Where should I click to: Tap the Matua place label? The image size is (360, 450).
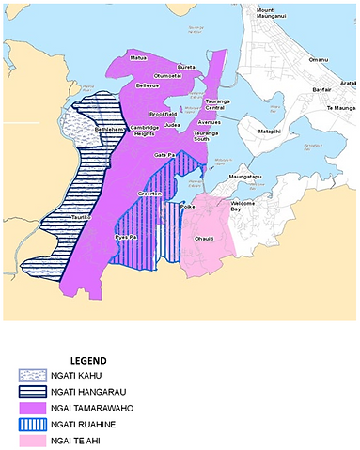point(139,58)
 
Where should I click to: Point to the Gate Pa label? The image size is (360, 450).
point(165,154)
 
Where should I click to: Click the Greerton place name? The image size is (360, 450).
point(150,194)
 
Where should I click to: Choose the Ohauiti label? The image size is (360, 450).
point(204,239)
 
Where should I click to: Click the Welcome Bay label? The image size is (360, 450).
point(243,206)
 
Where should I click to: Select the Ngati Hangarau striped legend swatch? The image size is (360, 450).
point(32,392)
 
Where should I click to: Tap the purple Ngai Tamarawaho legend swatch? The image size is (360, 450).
point(32,409)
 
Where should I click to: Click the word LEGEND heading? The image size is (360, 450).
point(88,360)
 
